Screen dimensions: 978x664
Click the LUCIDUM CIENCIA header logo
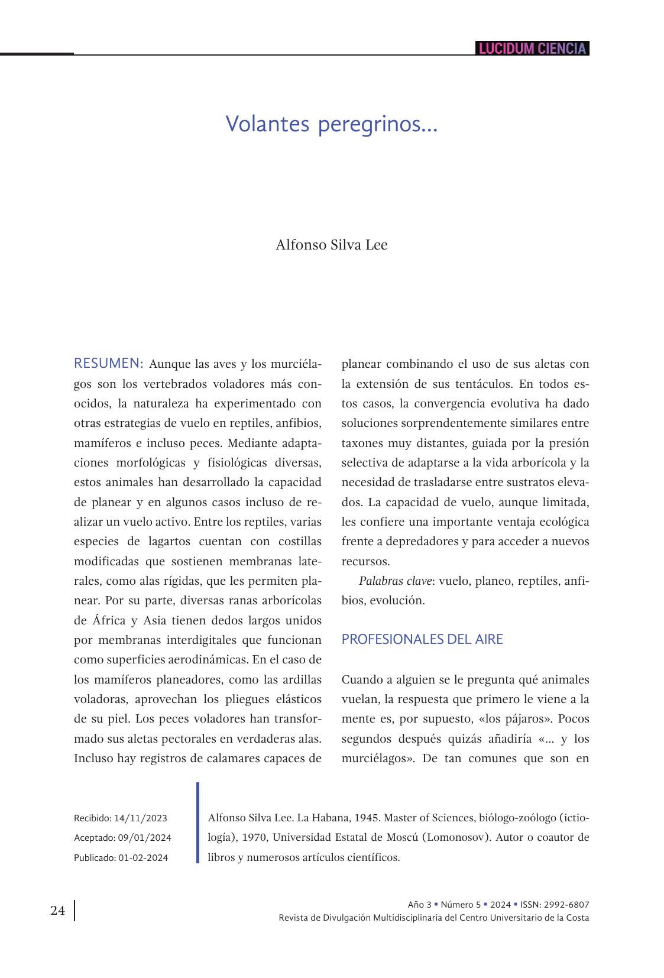pos(532,48)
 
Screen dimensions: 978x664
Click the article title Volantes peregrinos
pos(331,124)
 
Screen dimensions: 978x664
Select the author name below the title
pos(331,245)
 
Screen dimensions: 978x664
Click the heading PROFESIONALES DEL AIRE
pos(422,639)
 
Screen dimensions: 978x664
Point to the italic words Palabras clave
pos(394,581)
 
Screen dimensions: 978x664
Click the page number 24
pos(58,911)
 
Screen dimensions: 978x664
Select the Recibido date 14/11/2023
pos(141,818)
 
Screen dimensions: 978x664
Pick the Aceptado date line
pos(122,838)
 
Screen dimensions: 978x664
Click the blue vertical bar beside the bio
pos(198,823)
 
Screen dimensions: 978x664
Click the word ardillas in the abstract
pos(302,679)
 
